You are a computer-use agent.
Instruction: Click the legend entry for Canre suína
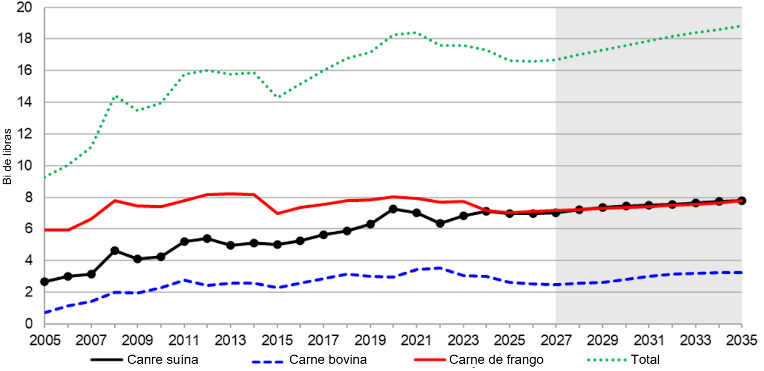pyautogui.click(x=163, y=360)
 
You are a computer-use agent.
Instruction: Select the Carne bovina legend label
pyautogui.click(x=328, y=360)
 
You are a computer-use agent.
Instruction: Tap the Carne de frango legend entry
pyautogui.click(x=496, y=360)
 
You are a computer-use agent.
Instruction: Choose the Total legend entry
pyautogui.click(x=645, y=360)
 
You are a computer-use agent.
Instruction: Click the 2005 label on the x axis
pyautogui.click(x=45, y=339)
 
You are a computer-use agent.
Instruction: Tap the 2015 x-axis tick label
pyautogui.click(x=277, y=339)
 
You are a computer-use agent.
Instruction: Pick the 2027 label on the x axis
pyautogui.click(x=556, y=339)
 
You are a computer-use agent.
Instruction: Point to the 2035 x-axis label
pyautogui.click(x=742, y=339)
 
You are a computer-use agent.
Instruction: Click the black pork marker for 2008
pyautogui.click(x=115, y=250)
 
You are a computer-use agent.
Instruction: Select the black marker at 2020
pyautogui.click(x=393, y=209)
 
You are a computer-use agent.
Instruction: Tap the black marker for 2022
pyautogui.click(x=440, y=223)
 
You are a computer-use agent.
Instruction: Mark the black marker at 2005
pyautogui.click(x=45, y=282)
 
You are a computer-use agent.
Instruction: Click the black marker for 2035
pyautogui.click(x=742, y=200)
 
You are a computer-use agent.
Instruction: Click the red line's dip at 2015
pyautogui.click(x=277, y=213)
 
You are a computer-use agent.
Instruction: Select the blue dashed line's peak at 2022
pyautogui.click(x=440, y=268)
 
